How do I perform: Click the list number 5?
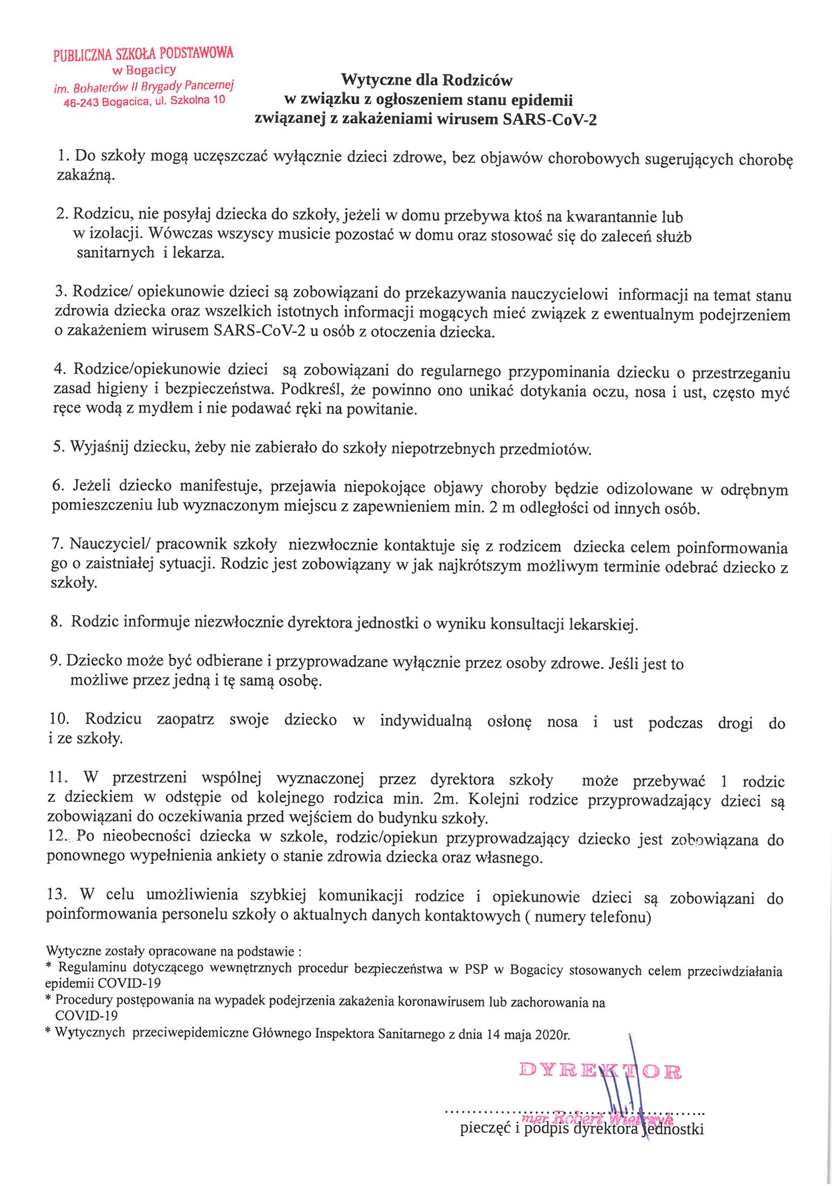click(x=58, y=448)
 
